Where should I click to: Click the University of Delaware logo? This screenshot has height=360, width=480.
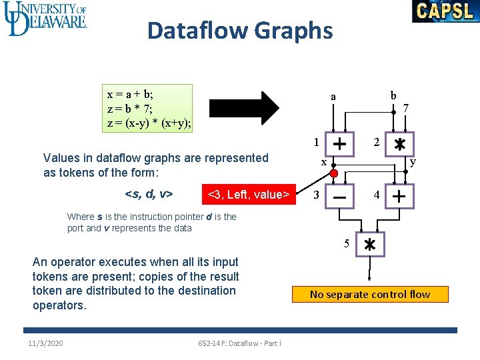point(45,19)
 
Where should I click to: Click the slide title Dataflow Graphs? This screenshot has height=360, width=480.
point(240,31)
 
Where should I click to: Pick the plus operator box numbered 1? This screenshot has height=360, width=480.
point(339,144)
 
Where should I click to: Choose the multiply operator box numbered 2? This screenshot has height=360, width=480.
point(399,144)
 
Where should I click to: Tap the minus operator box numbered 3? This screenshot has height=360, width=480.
point(339,197)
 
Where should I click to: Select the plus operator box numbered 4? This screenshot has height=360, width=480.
point(399,197)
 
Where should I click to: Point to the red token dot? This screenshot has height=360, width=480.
point(334,174)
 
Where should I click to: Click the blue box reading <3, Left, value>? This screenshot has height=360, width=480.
point(249,195)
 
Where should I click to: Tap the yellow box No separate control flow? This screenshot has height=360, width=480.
point(370,294)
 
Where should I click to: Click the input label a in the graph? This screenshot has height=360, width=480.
point(333,97)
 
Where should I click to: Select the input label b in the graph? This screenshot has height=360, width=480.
point(393,95)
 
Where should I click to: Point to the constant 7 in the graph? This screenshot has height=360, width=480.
point(406,107)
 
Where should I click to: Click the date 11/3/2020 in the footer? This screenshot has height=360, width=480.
point(46,343)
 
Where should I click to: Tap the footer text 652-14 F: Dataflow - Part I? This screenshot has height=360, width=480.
point(239,343)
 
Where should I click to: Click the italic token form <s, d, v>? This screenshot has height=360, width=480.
point(149,195)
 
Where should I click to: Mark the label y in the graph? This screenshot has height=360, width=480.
point(413,161)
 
